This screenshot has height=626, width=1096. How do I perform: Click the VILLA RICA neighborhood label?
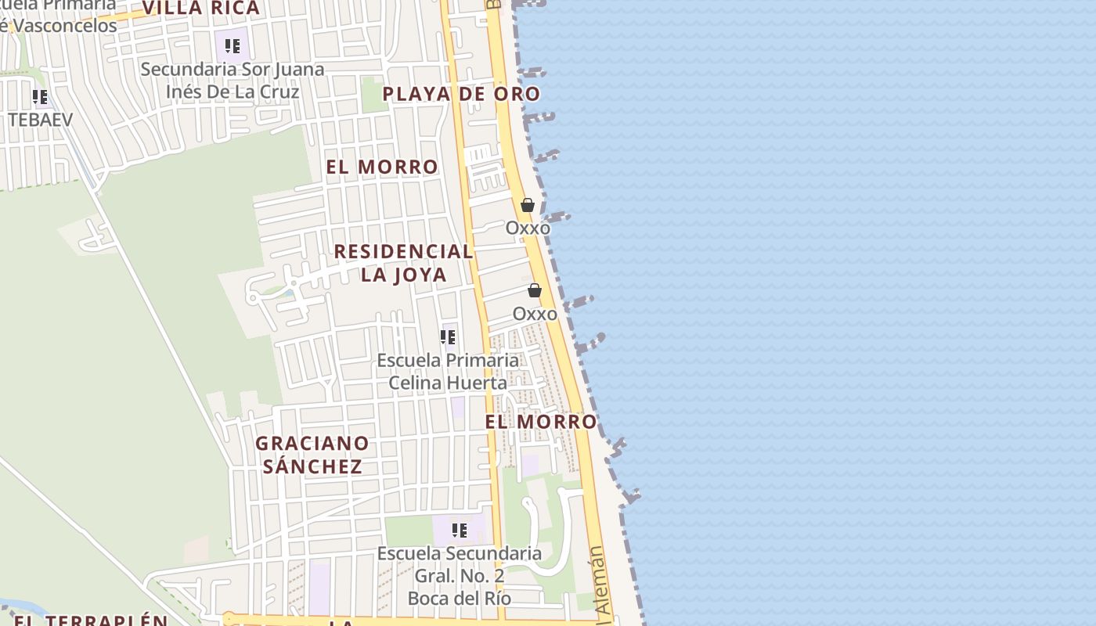(x=201, y=9)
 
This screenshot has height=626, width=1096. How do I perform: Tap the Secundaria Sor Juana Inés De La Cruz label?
(x=233, y=81)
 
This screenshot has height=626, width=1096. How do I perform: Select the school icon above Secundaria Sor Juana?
(x=232, y=46)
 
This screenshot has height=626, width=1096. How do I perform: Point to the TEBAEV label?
(x=40, y=120)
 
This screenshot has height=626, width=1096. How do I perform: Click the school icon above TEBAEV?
(x=40, y=97)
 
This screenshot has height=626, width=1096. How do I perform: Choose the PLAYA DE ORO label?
(x=461, y=94)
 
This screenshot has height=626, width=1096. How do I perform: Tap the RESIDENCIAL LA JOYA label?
(x=403, y=263)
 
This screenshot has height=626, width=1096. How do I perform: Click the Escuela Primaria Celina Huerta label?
(x=448, y=372)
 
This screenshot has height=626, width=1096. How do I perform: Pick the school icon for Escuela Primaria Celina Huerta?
(x=448, y=337)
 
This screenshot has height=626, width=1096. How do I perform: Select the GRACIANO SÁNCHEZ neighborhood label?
(x=312, y=455)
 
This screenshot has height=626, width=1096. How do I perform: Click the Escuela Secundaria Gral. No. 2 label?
(x=460, y=576)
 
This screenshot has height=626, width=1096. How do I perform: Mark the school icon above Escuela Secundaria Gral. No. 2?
(x=460, y=531)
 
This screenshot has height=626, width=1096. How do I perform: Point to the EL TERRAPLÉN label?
(x=91, y=620)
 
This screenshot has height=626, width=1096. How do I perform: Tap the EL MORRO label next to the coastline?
(x=541, y=422)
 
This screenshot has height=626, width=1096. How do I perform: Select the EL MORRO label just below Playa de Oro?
(x=382, y=167)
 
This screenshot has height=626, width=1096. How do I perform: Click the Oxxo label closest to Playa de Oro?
(x=528, y=228)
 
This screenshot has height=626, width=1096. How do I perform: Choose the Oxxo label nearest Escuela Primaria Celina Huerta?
(x=535, y=314)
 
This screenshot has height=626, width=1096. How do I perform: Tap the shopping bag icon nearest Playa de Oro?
(x=528, y=205)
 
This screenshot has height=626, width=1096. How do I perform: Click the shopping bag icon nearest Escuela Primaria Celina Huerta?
(x=535, y=290)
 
